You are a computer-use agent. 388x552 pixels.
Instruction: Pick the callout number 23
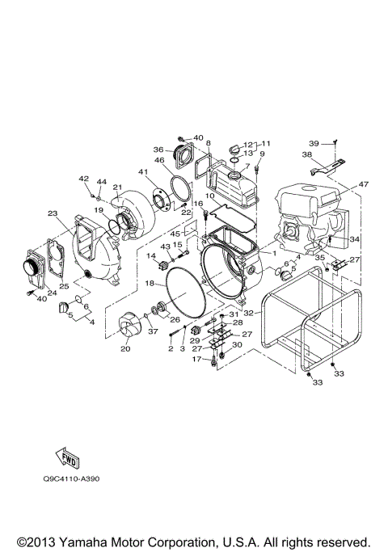tap(53, 214)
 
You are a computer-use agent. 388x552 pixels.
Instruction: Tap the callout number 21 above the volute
tap(116, 187)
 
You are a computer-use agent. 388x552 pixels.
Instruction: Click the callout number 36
tap(158, 149)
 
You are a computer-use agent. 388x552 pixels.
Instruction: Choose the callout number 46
tap(159, 162)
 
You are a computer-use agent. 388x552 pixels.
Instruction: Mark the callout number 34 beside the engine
tap(353, 238)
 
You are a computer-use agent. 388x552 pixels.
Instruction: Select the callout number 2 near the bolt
tap(171, 348)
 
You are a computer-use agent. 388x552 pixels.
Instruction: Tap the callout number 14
tap(150, 256)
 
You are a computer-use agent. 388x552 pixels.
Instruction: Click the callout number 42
tap(82, 178)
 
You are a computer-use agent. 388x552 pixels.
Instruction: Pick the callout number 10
tap(209, 196)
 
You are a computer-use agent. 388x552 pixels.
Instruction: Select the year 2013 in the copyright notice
tap(38, 541)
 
